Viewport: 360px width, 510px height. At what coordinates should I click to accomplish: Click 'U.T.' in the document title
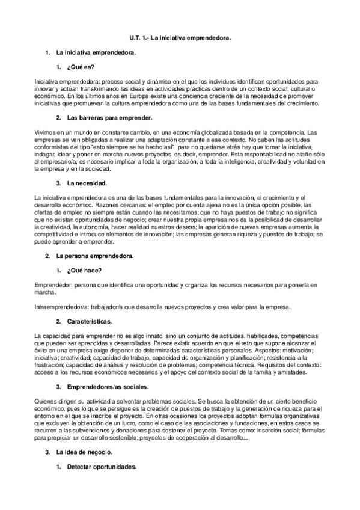pos(136,38)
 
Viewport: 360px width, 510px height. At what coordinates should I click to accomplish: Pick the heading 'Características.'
pos(90,321)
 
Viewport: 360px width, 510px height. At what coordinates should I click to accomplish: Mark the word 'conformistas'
pos(52,146)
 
